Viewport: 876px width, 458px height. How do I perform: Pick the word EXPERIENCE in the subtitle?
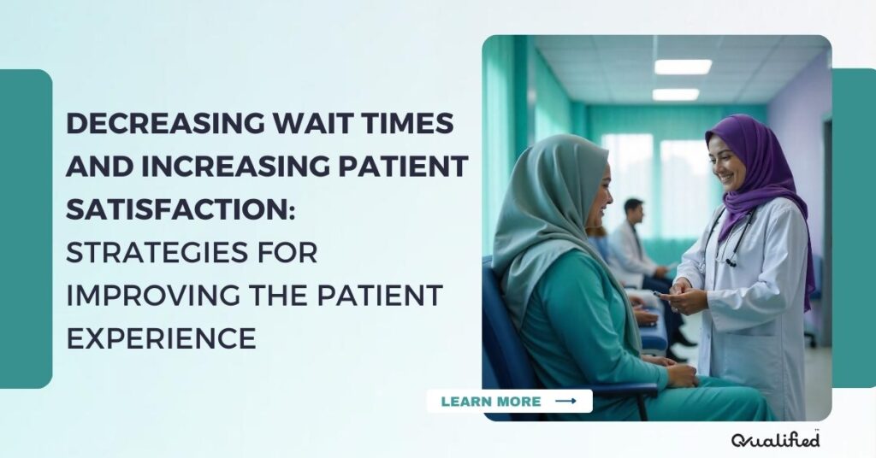pyautogui.click(x=162, y=338)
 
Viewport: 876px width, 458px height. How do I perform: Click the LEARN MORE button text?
pyautogui.click(x=491, y=402)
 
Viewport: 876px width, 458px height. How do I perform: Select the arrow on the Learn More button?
pyautogui.click(x=565, y=402)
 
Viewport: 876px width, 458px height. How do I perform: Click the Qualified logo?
pyautogui.click(x=775, y=439)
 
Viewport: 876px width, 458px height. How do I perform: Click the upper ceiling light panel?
pyautogui.click(x=683, y=67)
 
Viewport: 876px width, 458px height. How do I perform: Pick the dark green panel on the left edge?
pyautogui.click(x=26, y=229)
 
